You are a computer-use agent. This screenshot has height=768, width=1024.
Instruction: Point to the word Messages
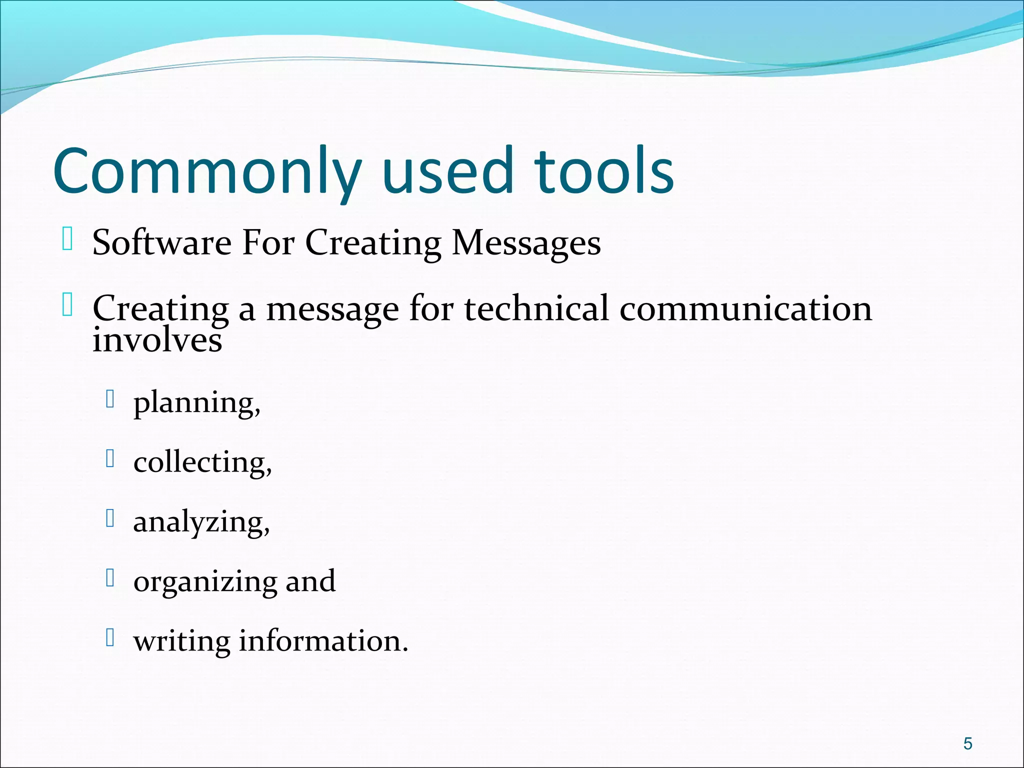tap(526, 243)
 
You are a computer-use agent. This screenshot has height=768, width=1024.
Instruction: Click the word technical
tap(536, 308)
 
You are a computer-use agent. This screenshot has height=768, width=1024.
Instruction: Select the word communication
tap(745, 308)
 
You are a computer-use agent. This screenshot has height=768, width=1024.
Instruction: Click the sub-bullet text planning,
tap(197, 402)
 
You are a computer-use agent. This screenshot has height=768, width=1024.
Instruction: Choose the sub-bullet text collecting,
tap(202, 462)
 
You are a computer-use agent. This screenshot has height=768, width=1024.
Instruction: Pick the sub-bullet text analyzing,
tap(201, 522)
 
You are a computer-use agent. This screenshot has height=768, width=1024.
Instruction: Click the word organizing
tap(205, 581)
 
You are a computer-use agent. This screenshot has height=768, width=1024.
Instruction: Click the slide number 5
tap(967, 743)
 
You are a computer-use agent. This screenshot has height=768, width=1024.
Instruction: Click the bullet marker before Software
tap(67, 239)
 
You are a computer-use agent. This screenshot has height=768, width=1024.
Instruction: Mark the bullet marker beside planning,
tap(111, 399)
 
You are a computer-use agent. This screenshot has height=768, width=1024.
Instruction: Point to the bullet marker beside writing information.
tap(111, 637)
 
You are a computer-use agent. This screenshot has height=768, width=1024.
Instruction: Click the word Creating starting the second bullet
tap(160, 308)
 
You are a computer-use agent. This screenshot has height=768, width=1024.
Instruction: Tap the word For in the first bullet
tap(268, 243)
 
